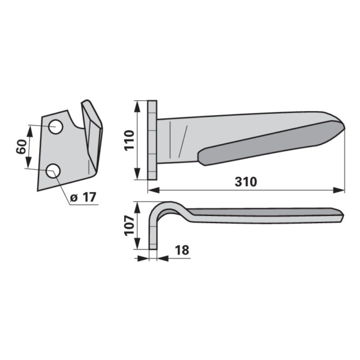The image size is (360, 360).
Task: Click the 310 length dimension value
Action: pyautogui.click(x=245, y=182)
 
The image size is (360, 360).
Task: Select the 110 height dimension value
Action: pyautogui.click(x=129, y=140)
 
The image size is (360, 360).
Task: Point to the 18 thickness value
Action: pyautogui.click(x=182, y=250)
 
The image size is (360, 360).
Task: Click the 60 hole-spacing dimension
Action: pyautogui.click(x=22, y=147)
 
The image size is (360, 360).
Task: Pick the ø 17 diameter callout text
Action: pyautogui.click(x=83, y=197)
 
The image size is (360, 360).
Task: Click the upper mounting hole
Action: pyautogui.click(x=56, y=127)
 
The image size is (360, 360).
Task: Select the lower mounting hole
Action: pyautogui.click(x=53, y=171)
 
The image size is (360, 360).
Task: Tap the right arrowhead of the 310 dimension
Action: pyautogui.click(x=339, y=190)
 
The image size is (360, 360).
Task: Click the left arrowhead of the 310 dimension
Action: pyautogui.click(x=154, y=190)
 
